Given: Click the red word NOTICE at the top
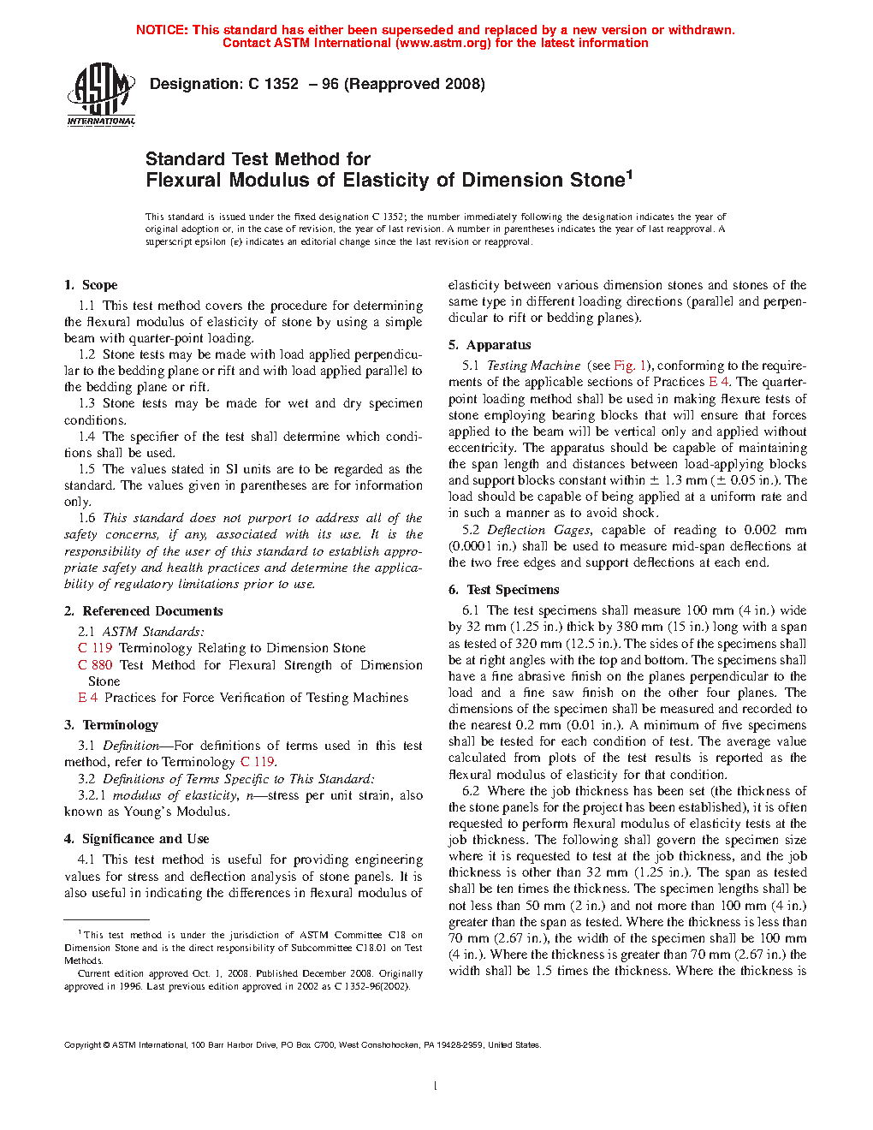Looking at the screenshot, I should (x=161, y=30).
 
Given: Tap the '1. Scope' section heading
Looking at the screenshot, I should (x=91, y=285).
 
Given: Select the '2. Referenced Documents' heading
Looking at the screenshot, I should (x=143, y=611).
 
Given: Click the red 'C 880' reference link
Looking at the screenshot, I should (x=95, y=665).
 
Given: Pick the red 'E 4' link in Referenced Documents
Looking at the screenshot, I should (x=87, y=698).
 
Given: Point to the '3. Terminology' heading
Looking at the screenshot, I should (x=111, y=725).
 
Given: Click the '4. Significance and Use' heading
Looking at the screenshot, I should (x=136, y=839).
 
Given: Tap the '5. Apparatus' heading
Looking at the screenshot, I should (x=490, y=345).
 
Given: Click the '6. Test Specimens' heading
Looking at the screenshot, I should (x=503, y=590).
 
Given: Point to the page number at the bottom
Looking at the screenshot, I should (x=436, y=1086).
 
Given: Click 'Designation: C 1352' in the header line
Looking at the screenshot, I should (x=224, y=84).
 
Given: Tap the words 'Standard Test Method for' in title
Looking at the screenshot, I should (x=258, y=159).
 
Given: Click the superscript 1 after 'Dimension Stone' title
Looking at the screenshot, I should (x=629, y=175).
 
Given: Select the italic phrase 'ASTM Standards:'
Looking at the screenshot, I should (x=153, y=632).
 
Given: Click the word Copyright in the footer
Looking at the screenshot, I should (x=82, y=1044).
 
